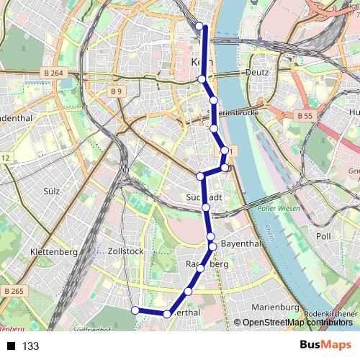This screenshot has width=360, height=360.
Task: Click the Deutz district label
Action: point(256,73)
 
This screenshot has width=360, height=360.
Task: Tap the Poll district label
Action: point(323,235)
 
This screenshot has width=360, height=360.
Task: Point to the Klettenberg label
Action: point(53,251)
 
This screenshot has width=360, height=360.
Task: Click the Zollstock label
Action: point(125,251)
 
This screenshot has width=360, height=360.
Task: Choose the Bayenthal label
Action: point(241,244)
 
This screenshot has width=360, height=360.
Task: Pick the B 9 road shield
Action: point(117,91)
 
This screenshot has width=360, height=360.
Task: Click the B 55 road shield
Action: point(305,115)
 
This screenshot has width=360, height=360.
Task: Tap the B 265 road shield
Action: point(13,291)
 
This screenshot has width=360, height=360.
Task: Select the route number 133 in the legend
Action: point(30,346)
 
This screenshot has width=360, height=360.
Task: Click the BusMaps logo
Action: point(325,346)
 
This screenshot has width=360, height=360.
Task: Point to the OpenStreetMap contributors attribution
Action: point(294,323)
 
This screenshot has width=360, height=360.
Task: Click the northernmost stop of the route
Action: point(199,27)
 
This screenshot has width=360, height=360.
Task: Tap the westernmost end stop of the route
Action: point(135,310)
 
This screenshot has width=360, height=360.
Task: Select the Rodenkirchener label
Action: point(330,315)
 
